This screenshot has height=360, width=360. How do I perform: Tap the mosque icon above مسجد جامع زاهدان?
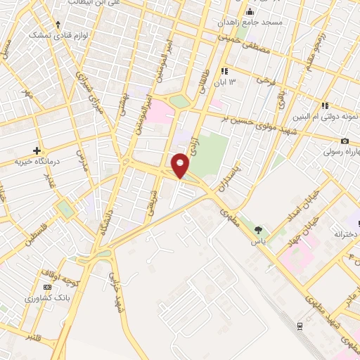[x=250, y=12]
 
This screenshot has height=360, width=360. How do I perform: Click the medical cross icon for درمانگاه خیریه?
[x=37, y=150]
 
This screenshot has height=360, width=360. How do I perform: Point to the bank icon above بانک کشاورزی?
[x=47, y=287]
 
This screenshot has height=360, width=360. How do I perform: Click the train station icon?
[x=300, y=326]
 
